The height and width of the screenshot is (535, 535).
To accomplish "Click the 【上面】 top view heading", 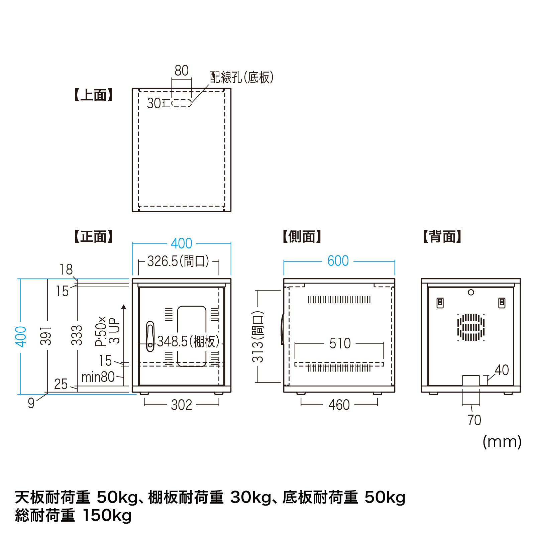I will (93, 95).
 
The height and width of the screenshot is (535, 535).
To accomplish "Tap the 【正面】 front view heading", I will (93, 237).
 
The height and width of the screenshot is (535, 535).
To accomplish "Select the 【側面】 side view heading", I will (302, 237).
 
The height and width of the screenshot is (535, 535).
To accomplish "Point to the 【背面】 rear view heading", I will (442, 237).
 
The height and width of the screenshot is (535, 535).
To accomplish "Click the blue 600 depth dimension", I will (338, 261).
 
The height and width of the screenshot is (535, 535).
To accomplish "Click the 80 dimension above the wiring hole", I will (182, 71).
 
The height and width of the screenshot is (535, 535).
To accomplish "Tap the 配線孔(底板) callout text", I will (242, 78).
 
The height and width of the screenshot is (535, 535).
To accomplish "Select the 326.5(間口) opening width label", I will (178, 261).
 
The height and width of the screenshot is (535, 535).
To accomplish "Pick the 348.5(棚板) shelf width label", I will (188, 342).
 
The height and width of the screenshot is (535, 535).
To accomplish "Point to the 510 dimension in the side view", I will (340, 344).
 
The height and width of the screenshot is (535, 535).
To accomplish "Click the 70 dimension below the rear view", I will (474, 420).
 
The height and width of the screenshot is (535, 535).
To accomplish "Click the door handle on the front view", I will (150, 336).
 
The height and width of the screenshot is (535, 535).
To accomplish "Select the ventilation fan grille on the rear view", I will (471, 327).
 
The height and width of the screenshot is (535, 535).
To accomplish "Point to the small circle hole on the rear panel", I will (471, 293).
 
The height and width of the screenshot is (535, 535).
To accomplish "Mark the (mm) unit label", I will (502, 442).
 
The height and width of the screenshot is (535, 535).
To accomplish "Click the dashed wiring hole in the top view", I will (182, 103).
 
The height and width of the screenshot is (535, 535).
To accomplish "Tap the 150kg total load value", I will (107, 515).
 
